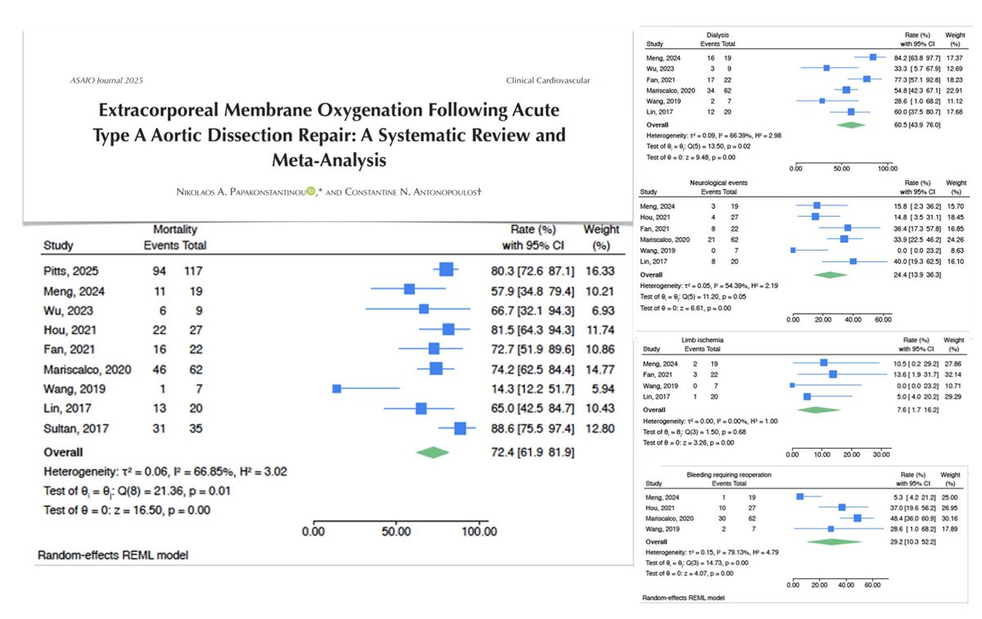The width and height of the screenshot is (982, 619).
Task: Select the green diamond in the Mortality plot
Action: tap(433, 451)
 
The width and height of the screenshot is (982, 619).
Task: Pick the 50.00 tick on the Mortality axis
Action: tap(396, 532)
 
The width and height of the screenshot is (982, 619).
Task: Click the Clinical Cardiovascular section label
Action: tap(548, 81)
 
